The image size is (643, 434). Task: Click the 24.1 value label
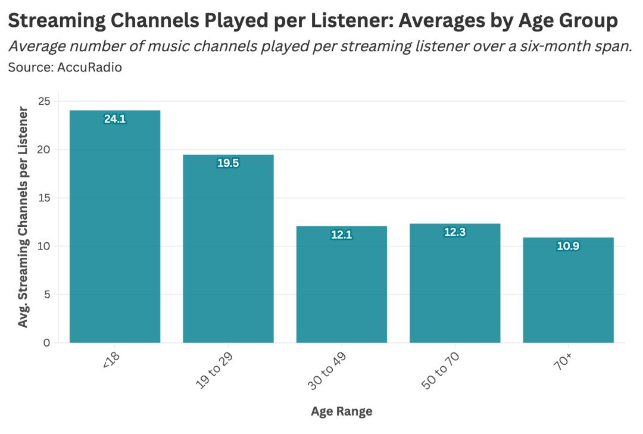tap(115, 119)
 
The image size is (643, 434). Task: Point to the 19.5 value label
tap(228, 163)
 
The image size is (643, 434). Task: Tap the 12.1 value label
tap(342, 235)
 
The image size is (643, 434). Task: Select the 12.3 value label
tap(455, 232)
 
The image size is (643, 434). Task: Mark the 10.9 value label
tap(568, 246)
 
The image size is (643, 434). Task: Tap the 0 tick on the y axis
tap(46, 343)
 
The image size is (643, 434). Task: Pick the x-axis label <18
tap(112, 361)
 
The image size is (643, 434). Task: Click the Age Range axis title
tap(341, 411)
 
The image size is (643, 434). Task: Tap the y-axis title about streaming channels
tap(23, 217)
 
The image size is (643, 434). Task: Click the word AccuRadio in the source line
tap(89, 67)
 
